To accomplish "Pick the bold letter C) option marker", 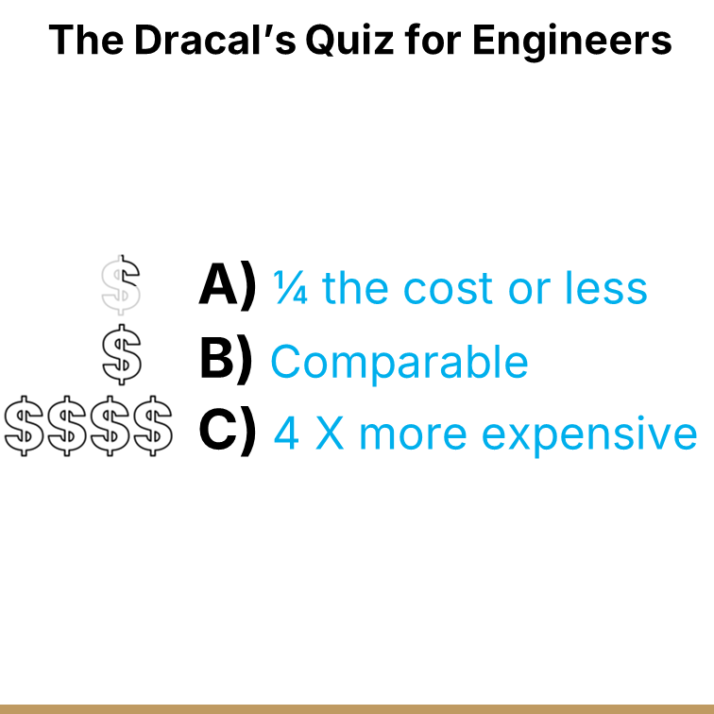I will pyautogui.click(x=228, y=432).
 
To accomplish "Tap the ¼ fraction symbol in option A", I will pyautogui.click(x=291, y=287).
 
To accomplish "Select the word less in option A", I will pyautogui.click(x=606, y=288).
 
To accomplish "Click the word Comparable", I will pyautogui.click(x=399, y=362).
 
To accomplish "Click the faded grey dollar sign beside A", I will pyautogui.click(x=121, y=284).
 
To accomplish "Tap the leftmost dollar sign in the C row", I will pyautogui.click(x=24, y=427).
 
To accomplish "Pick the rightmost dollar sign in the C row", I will pyautogui.click(x=152, y=427).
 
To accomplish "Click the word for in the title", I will pyautogui.click(x=438, y=40).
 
